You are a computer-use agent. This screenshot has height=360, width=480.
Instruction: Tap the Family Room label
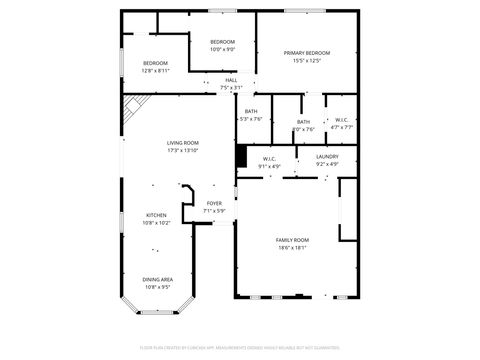click(293, 240)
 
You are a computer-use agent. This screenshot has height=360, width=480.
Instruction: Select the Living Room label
click(183, 143)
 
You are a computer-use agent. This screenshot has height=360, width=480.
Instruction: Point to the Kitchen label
click(157, 215)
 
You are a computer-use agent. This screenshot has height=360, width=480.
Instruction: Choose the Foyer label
click(215, 203)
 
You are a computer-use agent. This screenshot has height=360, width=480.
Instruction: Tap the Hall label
click(231, 80)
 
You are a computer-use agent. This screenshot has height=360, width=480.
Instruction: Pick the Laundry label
click(327, 157)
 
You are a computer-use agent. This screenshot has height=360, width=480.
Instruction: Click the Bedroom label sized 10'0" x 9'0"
click(222, 42)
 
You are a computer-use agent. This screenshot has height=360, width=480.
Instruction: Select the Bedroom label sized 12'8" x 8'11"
click(155, 63)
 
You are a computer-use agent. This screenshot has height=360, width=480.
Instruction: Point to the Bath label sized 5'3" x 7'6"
click(251, 111)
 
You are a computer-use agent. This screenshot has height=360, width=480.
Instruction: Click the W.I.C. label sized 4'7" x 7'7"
click(341, 120)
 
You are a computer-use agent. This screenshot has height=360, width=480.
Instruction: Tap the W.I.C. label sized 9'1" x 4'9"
click(270, 158)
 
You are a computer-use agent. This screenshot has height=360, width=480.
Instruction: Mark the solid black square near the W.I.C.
click(241, 156)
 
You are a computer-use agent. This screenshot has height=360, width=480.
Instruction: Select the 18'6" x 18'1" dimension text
click(293, 248)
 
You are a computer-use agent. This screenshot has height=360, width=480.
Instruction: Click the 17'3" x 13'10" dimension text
click(183, 151)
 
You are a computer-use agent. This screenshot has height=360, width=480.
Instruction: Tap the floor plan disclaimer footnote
click(239, 348)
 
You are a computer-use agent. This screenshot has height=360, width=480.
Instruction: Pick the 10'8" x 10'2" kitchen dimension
click(157, 223)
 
